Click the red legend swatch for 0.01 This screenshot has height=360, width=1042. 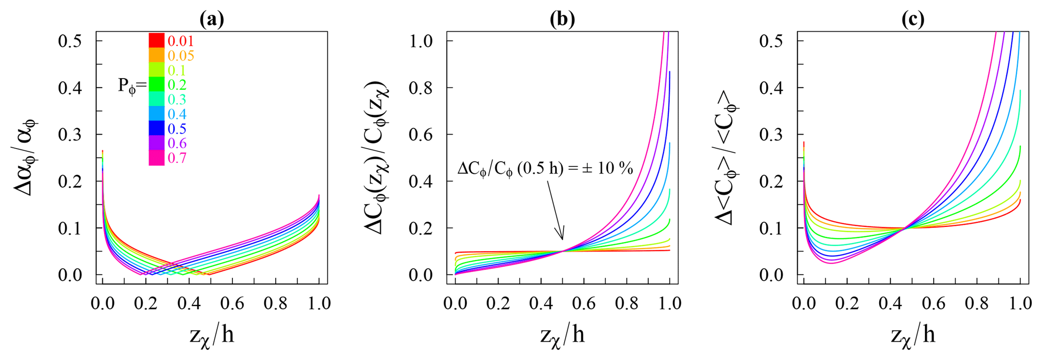(x=156, y=40)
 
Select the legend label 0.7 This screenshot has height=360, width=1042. (x=177, y=158)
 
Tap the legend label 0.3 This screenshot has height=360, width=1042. (x=177, y=99)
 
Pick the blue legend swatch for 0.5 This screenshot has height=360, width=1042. (x=156, y=128)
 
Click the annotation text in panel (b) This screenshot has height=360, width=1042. (x=544, y=168)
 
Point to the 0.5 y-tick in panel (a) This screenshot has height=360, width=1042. (x=70, y=41)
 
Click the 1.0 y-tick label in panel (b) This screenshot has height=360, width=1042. (x=421, y=41)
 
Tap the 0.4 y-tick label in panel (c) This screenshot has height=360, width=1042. (x=771, y=88)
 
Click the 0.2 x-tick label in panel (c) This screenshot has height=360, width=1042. (x=847, y=303)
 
